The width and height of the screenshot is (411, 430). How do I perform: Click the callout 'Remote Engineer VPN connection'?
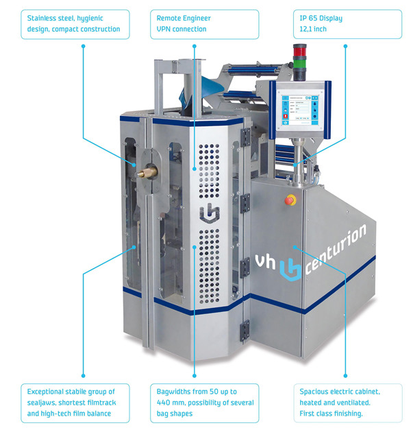pos(206,24)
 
